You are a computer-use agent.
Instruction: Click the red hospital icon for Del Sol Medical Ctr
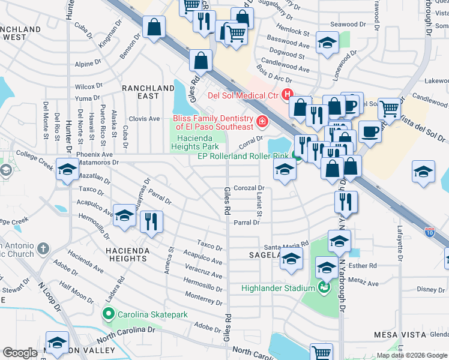(x=287, y=94)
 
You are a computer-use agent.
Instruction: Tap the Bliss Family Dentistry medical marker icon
(x=262, y=122)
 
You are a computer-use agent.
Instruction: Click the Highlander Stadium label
(x=277, y=288)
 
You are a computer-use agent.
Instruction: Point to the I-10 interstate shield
(x=429, y=230)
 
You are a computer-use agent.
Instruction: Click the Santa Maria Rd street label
(x=286, y=247)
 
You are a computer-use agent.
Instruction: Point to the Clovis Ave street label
(x=144, y=119)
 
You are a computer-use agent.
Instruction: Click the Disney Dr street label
(x=431, y=289)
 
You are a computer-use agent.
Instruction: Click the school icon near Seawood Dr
(x=327, y=43)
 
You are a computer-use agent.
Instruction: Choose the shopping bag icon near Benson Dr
(x=154, y=27)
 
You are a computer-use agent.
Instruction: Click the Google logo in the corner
(x=20, y=353)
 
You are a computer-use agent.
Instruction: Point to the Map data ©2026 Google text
(x=411, y=355)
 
